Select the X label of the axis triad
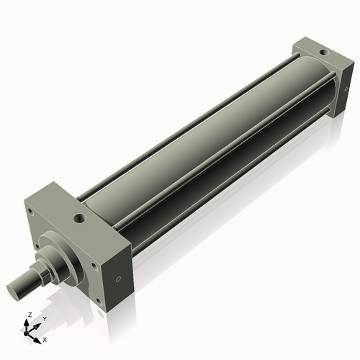coord(45,338)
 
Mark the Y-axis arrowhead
coord(37,324)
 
